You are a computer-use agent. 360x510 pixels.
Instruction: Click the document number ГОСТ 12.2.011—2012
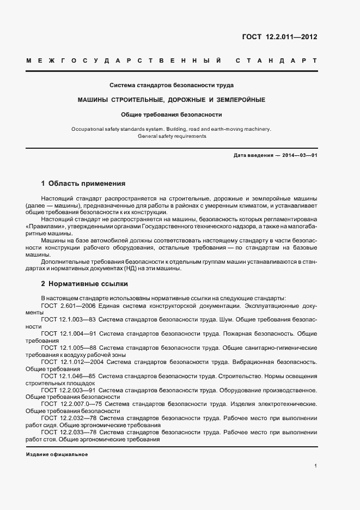coord(279,37)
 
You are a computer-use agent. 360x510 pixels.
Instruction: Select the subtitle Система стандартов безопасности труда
coord(172,86)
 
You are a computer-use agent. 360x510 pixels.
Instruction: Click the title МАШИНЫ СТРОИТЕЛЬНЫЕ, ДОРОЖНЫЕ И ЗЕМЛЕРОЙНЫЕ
coord(172,100)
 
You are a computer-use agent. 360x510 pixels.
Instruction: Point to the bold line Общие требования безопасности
coord(172,114)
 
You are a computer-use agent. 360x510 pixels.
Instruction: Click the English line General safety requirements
coord(172,136)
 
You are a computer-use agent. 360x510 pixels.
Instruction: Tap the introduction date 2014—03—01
coord(300,156)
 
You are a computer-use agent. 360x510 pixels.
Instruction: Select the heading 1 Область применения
coord(83,184)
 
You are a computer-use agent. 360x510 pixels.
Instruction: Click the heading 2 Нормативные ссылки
coord(85,284)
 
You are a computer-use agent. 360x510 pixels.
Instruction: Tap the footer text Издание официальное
coord(57,454)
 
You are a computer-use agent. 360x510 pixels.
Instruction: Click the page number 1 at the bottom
coord(315,466)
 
